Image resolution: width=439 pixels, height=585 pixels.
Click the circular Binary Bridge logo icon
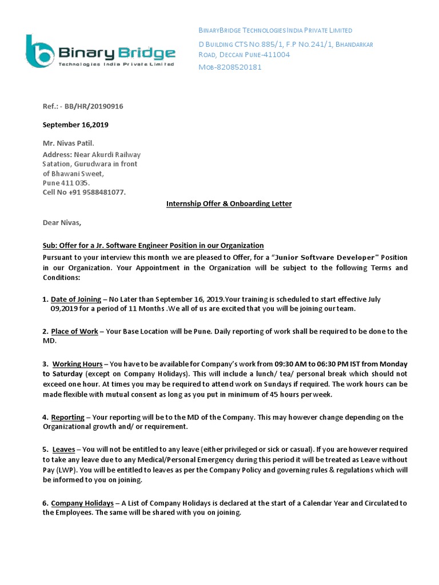[40, 52]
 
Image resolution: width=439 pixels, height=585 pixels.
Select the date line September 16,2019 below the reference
[75, 125]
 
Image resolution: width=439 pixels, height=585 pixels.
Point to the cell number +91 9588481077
[97, 192]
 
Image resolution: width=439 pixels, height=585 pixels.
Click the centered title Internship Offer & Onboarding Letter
[229, 203]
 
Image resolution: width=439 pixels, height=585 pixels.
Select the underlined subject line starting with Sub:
[153, 245]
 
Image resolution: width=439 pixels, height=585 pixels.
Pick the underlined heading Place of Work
[74, 331]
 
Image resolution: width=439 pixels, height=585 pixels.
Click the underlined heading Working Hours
[78, 364]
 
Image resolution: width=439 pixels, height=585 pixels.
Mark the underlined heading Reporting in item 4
[67, 418]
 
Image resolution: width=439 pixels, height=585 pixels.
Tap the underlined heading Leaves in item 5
[64, 450]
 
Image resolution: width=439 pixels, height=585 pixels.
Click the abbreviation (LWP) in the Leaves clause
[69, 470]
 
